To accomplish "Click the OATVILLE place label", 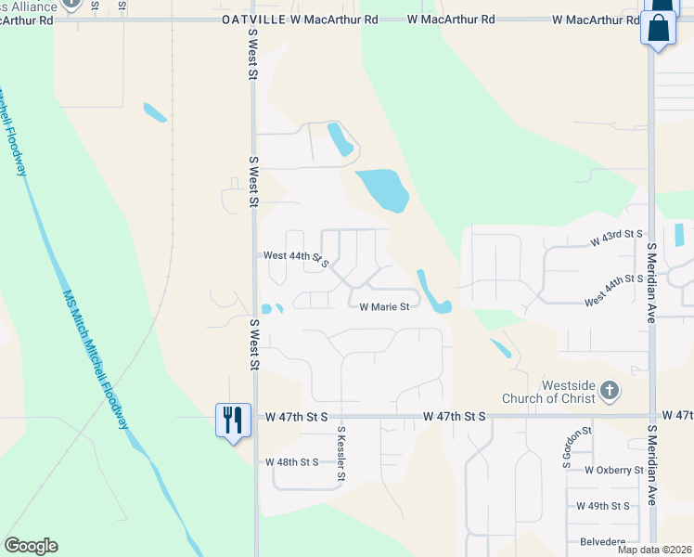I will (x=253, y=19).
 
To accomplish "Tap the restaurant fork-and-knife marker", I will (x=231, y=421).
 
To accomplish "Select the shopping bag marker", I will (x=658, y=28).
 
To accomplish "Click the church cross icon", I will (x=609, y=391).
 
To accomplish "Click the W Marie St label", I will (x=384, y=307).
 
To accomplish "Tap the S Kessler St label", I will (x=341, y=454).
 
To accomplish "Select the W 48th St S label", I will (x=291, y=461).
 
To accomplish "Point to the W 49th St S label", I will (x=602, y=506).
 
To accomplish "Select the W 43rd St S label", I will (x=616, y=240).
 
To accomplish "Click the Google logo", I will (x=31, y=545).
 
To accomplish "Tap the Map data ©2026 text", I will (x=654, y=550).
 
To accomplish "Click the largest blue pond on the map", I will (x=380, y=189).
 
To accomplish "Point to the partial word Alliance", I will (x=29, y=6).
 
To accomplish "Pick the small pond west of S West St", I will (x=155, y=112).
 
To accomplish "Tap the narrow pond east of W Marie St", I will (x=432, y=291).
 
